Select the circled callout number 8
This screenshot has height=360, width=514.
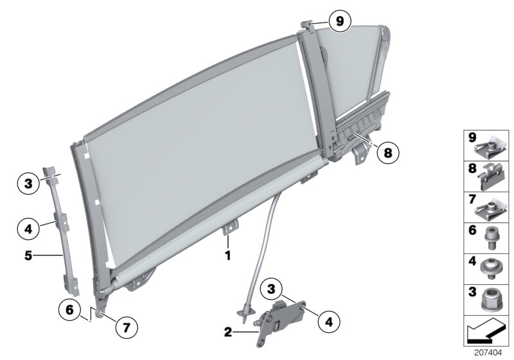387,153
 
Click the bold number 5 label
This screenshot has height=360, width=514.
29,255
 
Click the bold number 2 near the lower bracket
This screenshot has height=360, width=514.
228,332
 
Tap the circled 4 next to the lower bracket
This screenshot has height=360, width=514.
328,319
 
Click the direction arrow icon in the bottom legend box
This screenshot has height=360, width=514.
485,332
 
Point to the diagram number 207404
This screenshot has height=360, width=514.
488,353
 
